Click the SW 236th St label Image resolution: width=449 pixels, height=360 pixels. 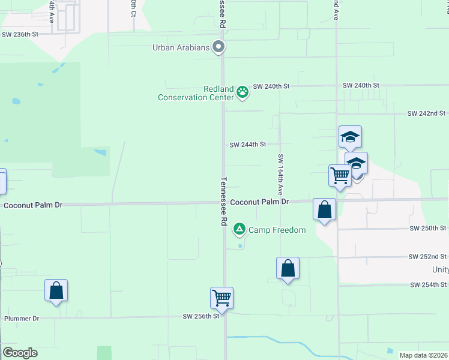click(x=20, y=35)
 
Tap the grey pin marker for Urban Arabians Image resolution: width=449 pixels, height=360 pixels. click(x=219, y=46)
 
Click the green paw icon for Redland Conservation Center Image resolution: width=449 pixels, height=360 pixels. click(x=243, y=92)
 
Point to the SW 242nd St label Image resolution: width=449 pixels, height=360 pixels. click(x=426, y=113)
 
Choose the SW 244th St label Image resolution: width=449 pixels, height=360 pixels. click(x=247, y=145)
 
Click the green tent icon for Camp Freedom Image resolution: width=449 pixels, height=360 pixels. click(x=240, y=229)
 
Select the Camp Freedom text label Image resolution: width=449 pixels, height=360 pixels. click(x=277, y=230)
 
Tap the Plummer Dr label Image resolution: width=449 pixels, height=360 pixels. click(x=22, y=319)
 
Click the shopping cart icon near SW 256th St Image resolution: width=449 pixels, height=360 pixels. click(x=221, y=297)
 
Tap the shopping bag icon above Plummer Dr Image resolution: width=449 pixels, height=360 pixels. click(x=56, y=290)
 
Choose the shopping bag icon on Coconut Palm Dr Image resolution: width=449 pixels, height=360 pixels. click(x=324, y=209)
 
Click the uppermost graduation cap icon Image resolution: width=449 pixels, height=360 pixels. click(x=350, y=137)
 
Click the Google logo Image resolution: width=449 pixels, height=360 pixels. click(x=20, y=353)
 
